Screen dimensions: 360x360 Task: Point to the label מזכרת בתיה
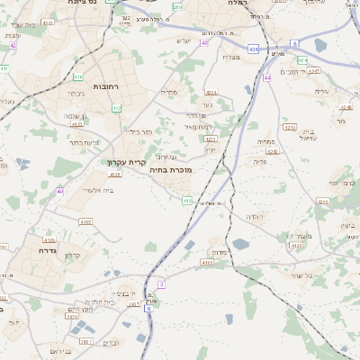(171, 168)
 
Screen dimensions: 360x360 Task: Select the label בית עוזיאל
(286, 137)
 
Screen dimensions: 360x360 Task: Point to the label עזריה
(321, 92)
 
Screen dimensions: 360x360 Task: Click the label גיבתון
(75, 93)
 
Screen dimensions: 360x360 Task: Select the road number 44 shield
(267, 77)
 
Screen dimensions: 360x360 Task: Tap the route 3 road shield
(161, 284)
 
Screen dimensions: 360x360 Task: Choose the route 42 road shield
(13, 44)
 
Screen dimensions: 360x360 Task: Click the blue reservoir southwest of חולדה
(240, 244)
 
